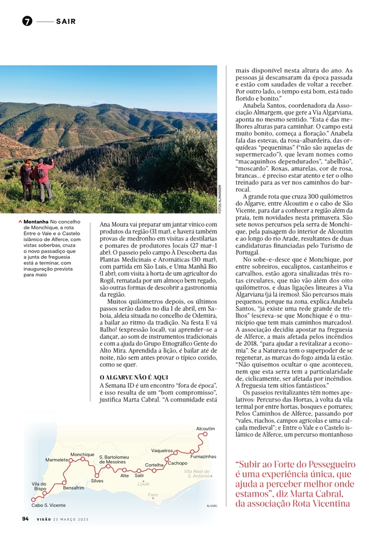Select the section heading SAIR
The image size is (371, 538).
click(66, 21)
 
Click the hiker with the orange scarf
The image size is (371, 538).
click(27, 180)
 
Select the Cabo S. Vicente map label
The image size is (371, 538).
click(48, 505)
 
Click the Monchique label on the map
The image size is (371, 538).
click(82, 454)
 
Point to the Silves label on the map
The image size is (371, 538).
click(97, 481)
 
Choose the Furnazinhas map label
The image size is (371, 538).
click(202, 457)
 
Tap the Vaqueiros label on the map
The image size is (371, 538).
click(162, 451)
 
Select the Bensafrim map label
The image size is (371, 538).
click(74, 487)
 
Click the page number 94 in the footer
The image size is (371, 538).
click(25, 519)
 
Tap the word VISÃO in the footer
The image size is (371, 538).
click(44, 519)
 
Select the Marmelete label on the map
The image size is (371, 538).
click(57, 460)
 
